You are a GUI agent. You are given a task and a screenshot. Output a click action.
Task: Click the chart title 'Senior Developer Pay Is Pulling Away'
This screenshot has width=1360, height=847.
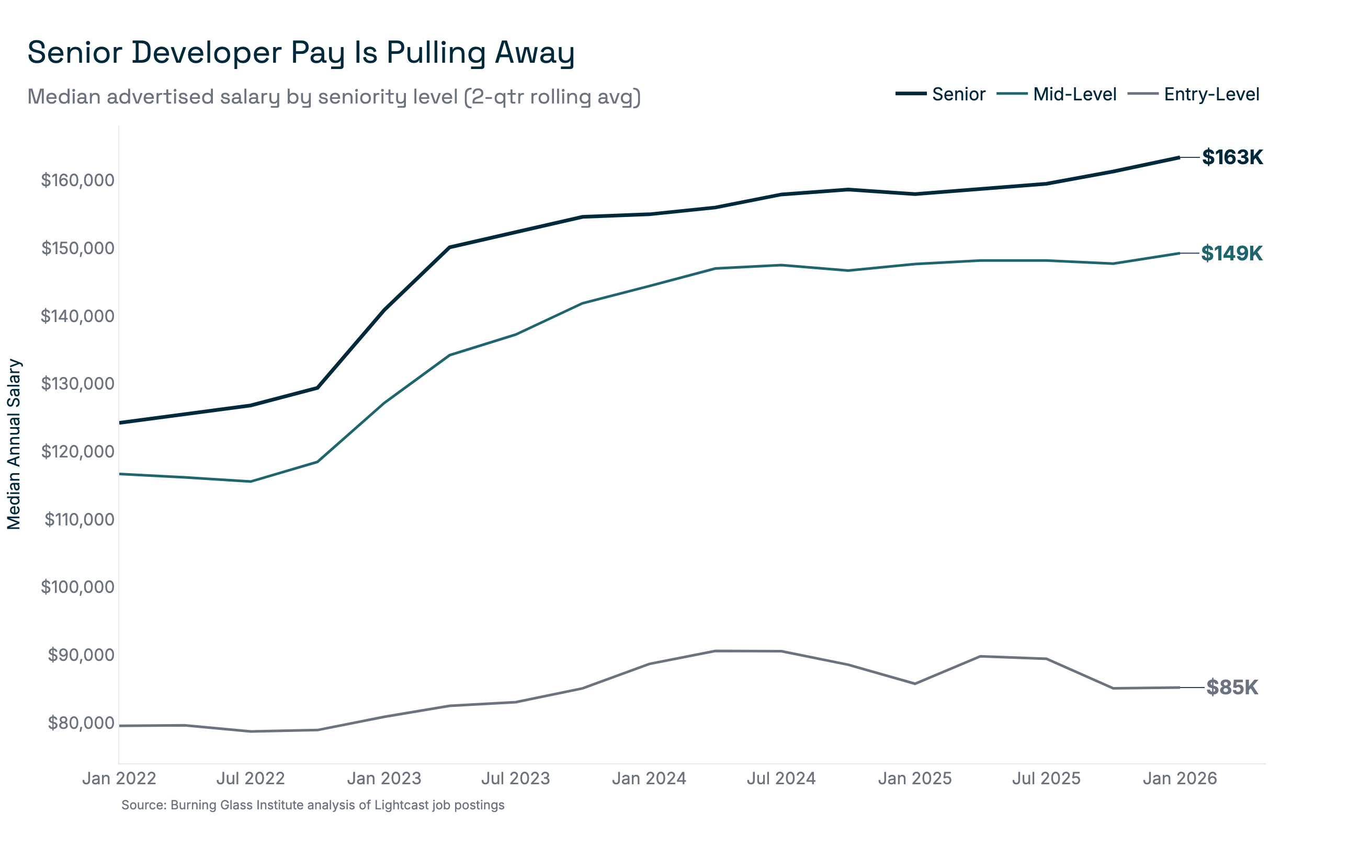click(301, 53)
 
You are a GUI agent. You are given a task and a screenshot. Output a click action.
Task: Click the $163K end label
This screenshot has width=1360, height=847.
click(1232, 157)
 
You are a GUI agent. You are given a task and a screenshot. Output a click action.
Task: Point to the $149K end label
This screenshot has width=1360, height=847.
click(1231, 254)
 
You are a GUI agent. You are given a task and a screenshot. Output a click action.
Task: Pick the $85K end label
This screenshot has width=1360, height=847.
click(1232, 688)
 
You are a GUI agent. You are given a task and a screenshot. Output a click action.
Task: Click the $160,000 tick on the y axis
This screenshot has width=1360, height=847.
click(77, 180)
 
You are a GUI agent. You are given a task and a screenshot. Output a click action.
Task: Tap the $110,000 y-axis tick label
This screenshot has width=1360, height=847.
click(79, 520)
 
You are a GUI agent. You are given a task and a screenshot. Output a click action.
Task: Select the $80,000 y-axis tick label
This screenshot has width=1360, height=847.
click(81, 723)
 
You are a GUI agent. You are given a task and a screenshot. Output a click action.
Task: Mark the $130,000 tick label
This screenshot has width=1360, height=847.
click(77, 384)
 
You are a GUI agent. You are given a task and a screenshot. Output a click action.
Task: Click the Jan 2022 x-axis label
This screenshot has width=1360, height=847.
click(119, 779)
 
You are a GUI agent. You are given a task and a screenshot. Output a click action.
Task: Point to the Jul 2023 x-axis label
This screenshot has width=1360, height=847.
click(516, 779)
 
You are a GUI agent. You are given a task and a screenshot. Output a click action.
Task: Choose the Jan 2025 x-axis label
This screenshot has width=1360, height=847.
click(914, 779)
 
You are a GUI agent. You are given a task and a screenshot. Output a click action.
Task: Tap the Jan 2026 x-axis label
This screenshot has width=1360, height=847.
click(1180, 779)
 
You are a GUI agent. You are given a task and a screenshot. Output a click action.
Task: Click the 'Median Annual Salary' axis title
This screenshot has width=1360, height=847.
click(14, 444)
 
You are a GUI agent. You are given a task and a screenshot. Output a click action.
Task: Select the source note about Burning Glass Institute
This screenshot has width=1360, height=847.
click(313, 806)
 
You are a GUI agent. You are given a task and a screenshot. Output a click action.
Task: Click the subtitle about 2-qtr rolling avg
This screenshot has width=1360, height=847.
click(334, 97)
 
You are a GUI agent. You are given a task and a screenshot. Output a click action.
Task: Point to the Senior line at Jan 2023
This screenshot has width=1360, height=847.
click(384, 310)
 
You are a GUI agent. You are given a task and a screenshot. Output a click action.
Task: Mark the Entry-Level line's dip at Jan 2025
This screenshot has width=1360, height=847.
click(914, 684)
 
